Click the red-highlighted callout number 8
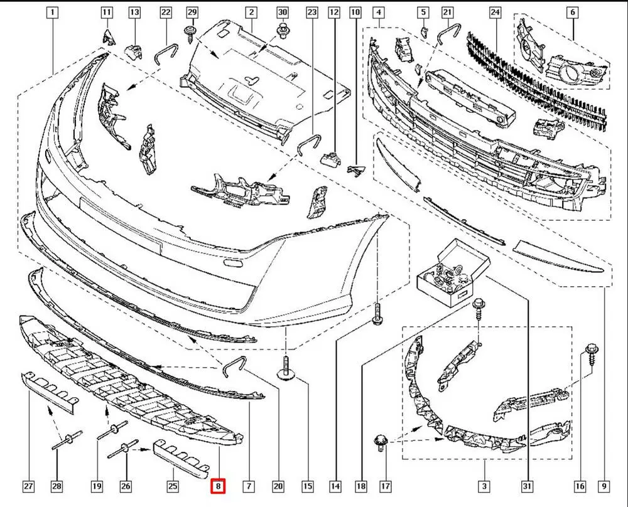pos(217,486)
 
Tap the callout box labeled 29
pos(192,12)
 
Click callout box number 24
pos(495,12)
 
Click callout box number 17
pos(386,486)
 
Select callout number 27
pos(28,486)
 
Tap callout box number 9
pos(604,486)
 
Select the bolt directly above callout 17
pos(379,443)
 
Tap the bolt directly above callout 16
pos(591,353)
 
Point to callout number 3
pos(484,486)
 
